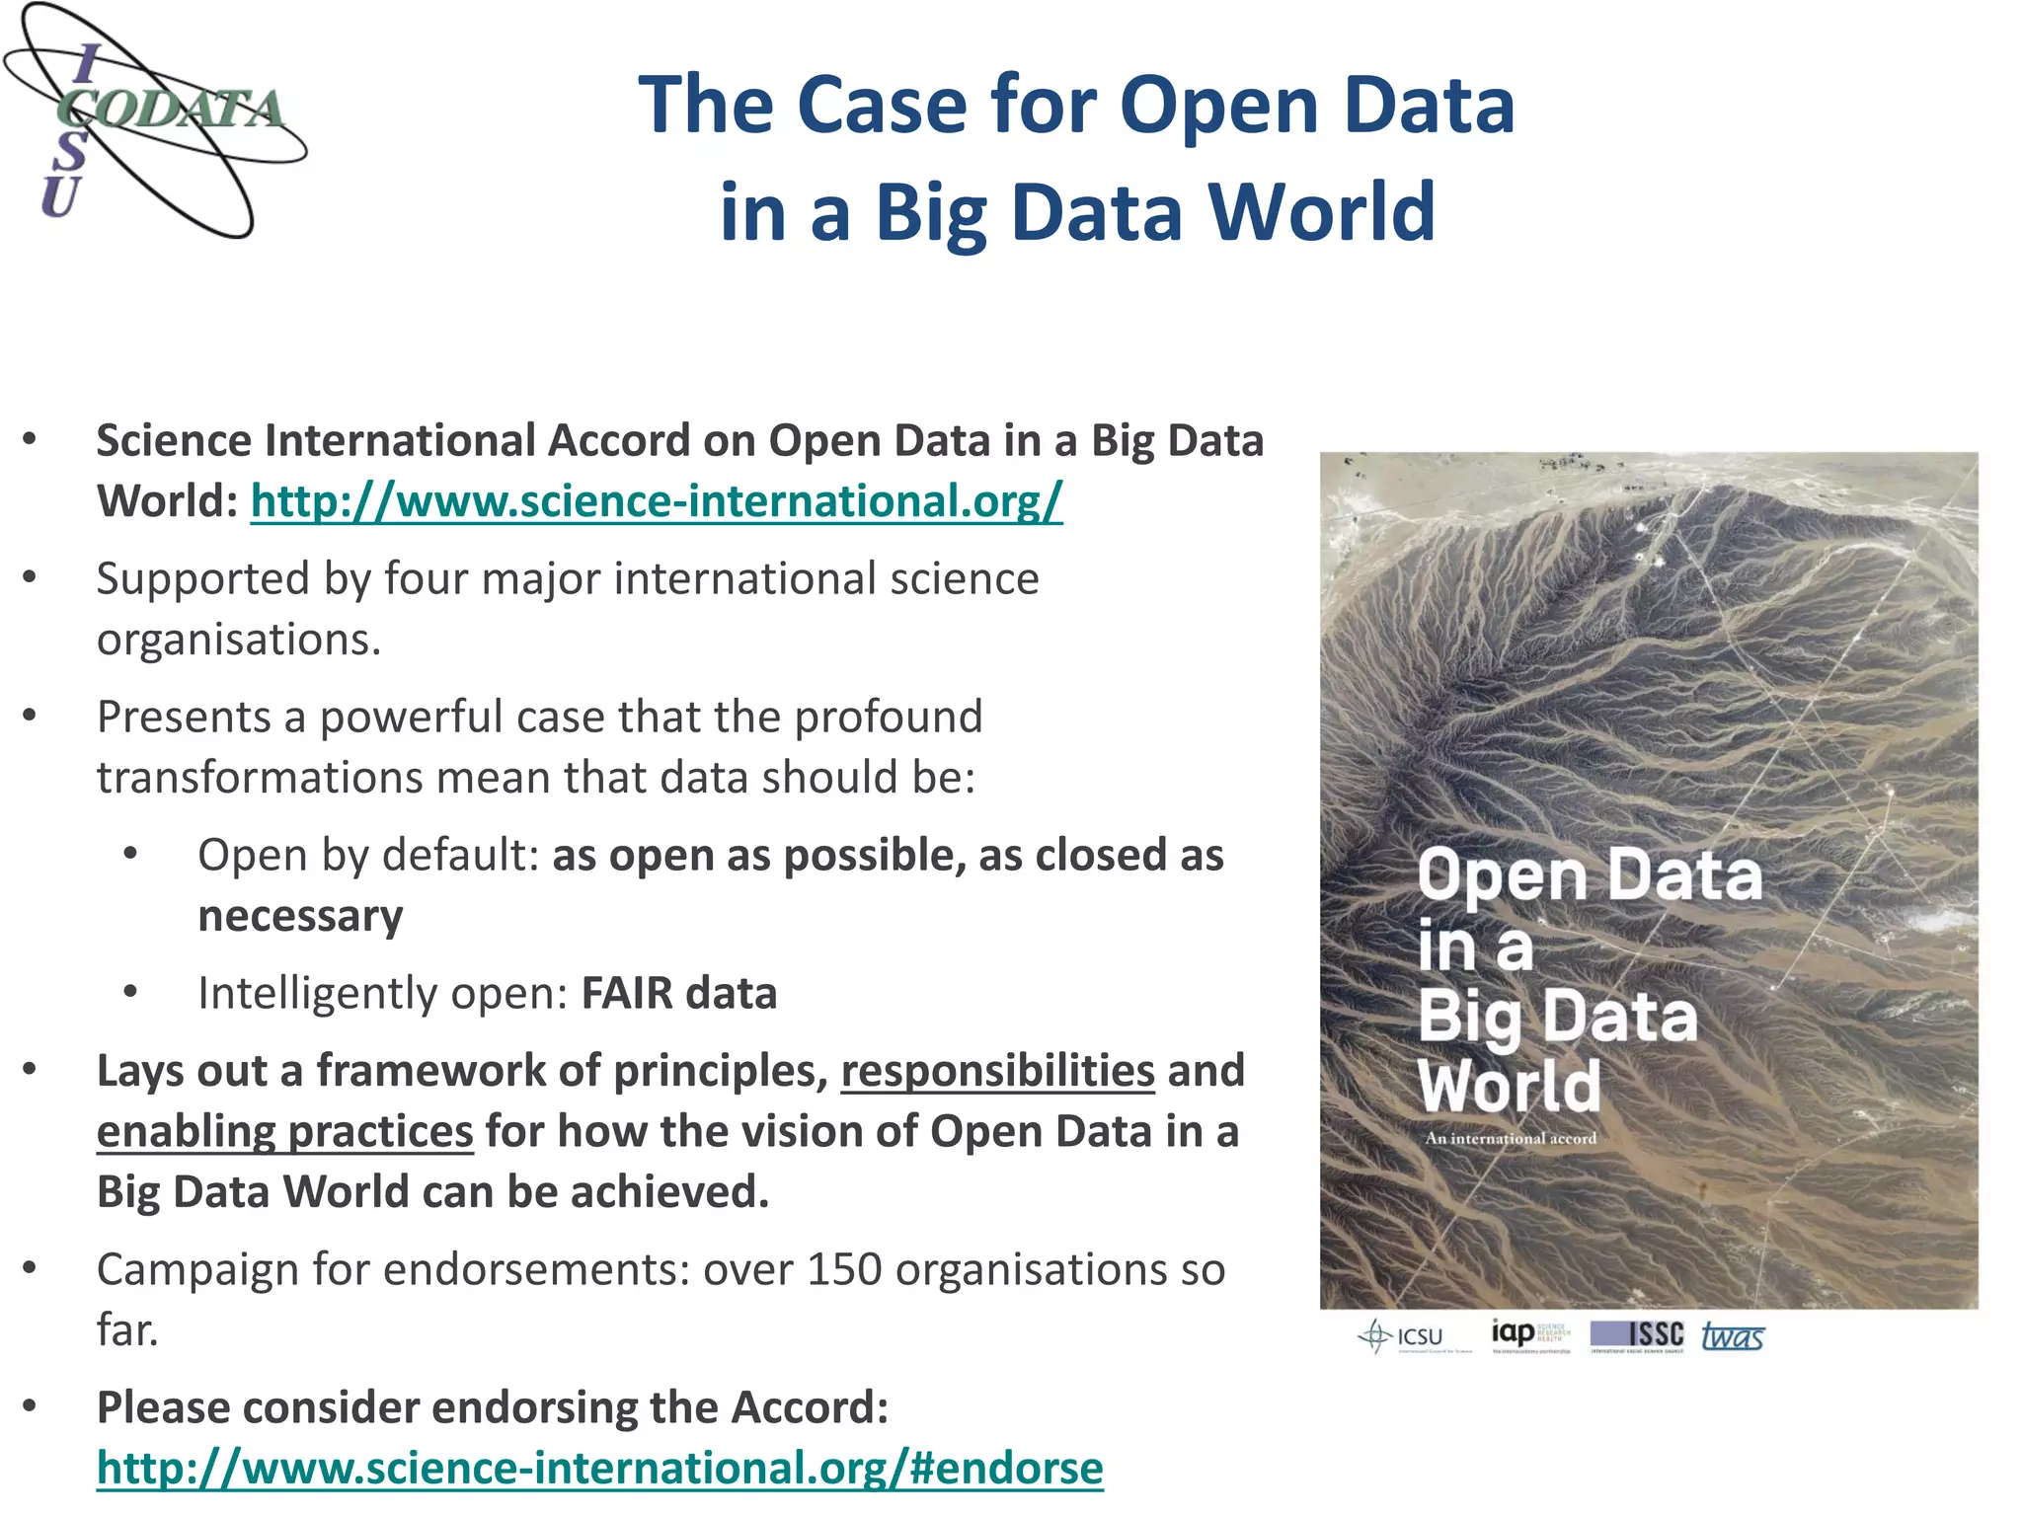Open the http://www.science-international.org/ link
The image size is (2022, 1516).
click(657, 501)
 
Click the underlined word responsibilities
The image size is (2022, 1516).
click(997, 1072)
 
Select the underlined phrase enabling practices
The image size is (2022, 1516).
click(284, 1132)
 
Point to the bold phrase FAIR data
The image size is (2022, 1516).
click(679, 994)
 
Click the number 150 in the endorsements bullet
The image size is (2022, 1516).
click(843, 1269)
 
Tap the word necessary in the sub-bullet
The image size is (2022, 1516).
click(300, 916)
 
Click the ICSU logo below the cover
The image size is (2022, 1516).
click(1403, 1337)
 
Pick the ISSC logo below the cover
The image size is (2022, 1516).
click(1637, 1335)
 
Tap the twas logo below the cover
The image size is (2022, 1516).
click(1733, 1337)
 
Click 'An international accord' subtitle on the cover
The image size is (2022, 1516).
click(1510, 1138)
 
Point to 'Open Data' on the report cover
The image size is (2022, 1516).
click(1589, 876)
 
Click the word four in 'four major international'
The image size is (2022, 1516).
click(430, 579)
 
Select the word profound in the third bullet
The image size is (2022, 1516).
click(889, 718)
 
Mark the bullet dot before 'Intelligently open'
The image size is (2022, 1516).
click(130, 991)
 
